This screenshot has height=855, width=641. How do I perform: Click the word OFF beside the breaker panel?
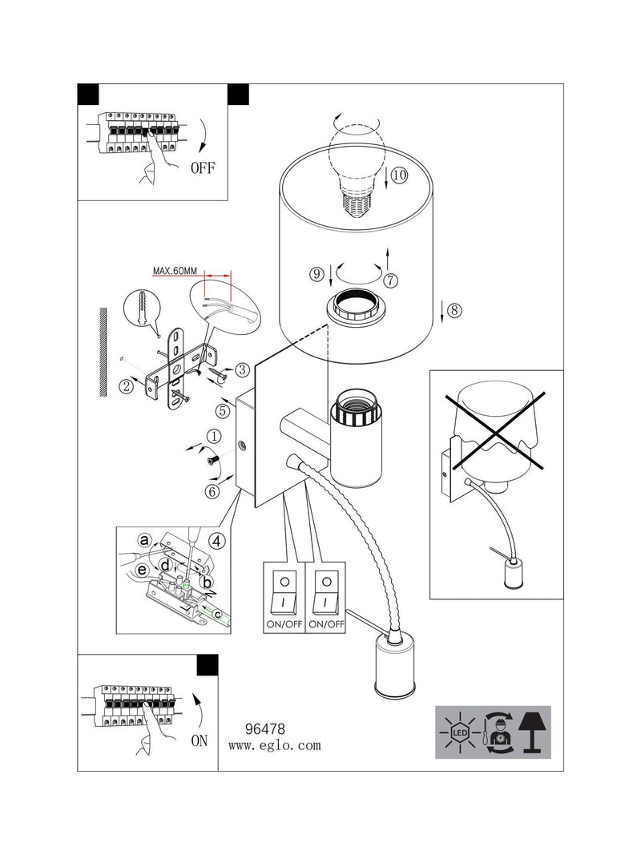[203, 167]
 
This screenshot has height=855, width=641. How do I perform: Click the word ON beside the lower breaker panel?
[200, 740]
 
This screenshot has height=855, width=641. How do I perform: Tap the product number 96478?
[265, 728]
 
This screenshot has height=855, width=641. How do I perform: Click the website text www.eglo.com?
[274, 745]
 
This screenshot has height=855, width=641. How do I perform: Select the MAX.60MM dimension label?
[175, 271]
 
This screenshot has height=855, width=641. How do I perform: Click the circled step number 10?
[399, 175]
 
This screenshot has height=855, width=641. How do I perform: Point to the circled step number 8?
[454, 310]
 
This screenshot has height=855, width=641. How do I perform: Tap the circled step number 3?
[241, 369]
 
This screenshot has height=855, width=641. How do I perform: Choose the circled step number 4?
[217, 542]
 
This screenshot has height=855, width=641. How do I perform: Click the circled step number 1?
[214, 436]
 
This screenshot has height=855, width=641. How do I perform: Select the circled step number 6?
[212, 491]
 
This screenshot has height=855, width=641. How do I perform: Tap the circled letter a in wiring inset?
[144, 540]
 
